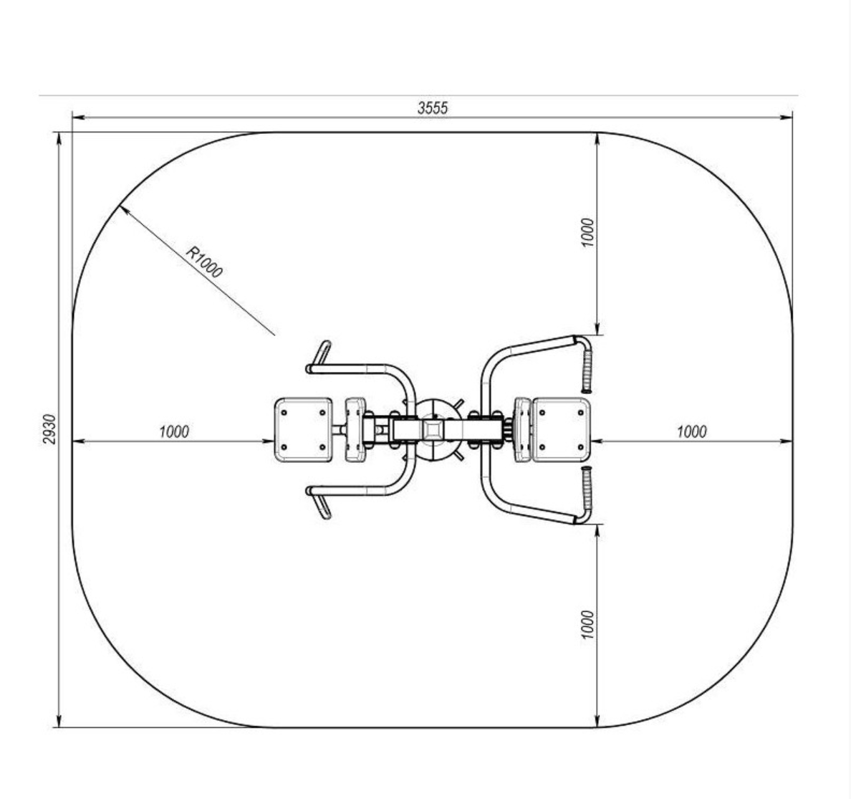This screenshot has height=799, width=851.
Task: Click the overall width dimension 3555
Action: tap(433, 108)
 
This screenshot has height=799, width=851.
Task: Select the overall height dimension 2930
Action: tap(49, 429)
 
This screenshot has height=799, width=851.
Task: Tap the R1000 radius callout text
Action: tap(204, 262)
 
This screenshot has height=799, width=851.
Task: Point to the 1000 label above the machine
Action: tap(587, 232)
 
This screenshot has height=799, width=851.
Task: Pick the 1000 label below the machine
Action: tap(587, 625)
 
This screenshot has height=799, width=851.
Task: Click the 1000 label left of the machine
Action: tap(173, 431)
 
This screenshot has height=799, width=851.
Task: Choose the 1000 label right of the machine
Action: tap(691, 431)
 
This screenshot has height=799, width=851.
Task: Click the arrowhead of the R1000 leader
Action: tap(124, 209)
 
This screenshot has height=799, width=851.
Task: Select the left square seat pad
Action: tap(304, 430)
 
